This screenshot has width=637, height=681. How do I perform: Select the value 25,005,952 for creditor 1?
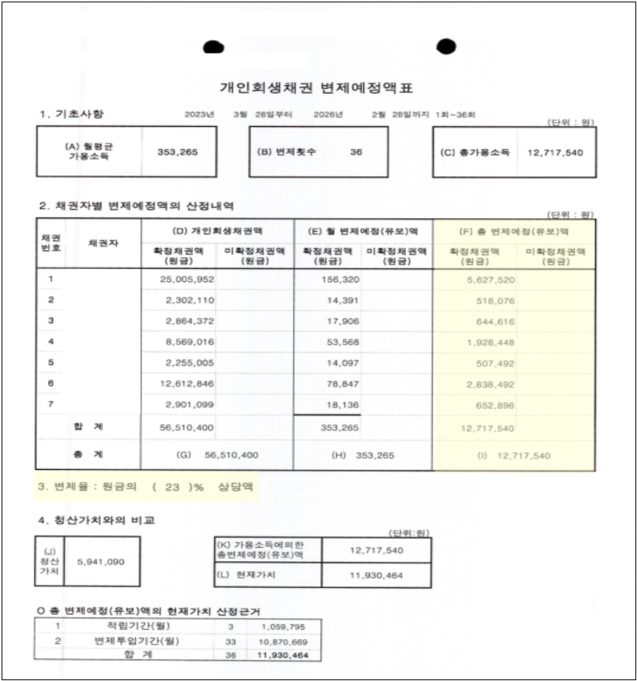tap(185, 279)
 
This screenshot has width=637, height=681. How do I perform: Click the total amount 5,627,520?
tap(490, 279)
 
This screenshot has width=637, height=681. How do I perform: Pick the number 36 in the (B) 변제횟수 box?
tap(356, 151)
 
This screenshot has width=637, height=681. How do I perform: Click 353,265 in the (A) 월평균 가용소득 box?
tap(177, 151)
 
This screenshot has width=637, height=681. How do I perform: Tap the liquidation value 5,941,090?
tap(102, 561)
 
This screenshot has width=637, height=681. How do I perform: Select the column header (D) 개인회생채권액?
tap(217, 231)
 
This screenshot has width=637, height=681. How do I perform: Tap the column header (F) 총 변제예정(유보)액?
tap(514, 231)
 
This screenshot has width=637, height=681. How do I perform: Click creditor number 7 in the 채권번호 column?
tap(51, 404)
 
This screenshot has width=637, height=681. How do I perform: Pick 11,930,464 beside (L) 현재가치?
tap(376, 575)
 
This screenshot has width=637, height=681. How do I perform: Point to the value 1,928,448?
tap(490, 342)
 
